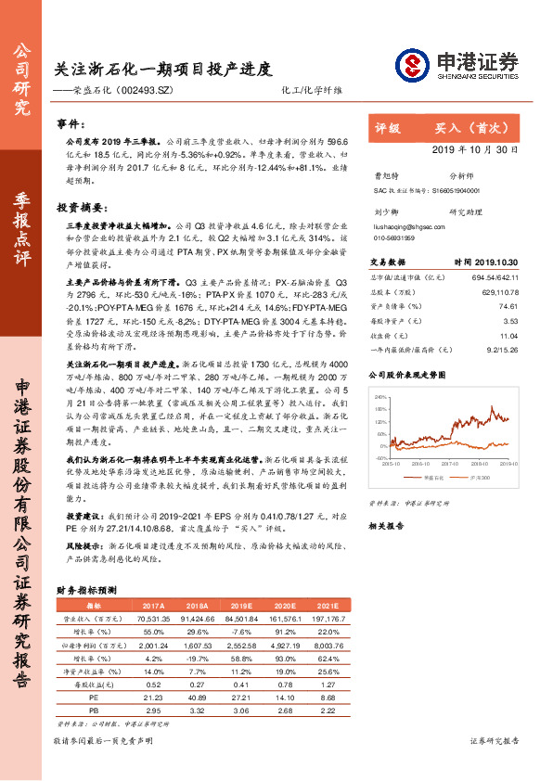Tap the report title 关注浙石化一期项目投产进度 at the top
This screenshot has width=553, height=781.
pyautogui.click(x=162, y=69)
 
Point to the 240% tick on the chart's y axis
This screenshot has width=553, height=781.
pyautogui.click(x=380, y=396)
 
